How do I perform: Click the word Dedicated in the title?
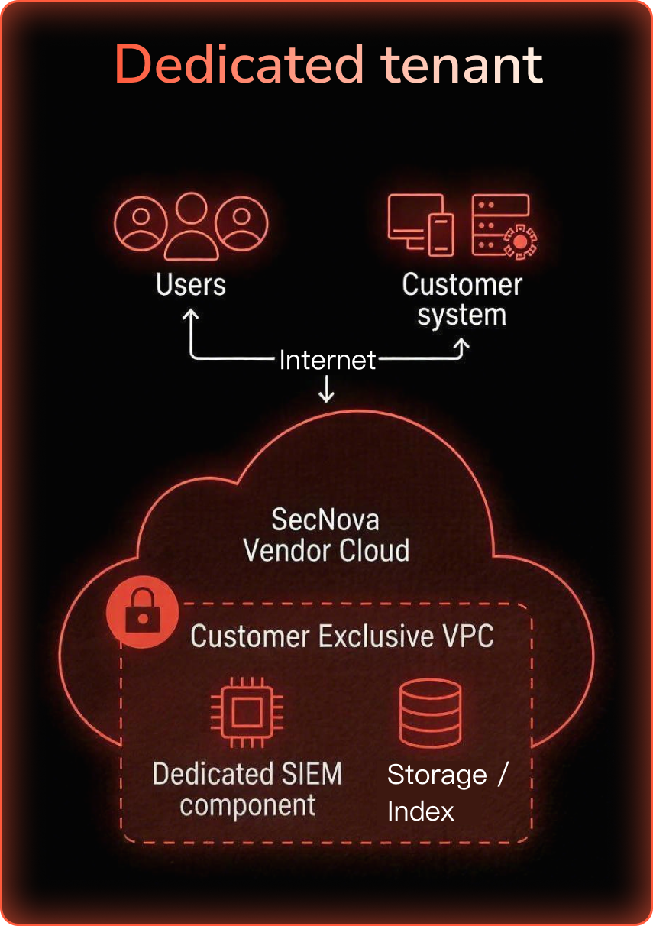click(x=238, y=64)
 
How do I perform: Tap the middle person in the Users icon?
click(x=191, y=225)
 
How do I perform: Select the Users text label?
click(x=191, y=284)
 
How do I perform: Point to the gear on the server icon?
click(x=520, y=241)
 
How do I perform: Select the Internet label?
click(x=327, y=360)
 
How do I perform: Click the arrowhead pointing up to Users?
click(x=190, y=315)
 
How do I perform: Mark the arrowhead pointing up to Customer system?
click(x=461, y=345)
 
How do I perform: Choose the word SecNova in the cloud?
click(x=325, y=520)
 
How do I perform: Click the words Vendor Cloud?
click(x=326, y=550)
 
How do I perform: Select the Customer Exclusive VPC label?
click(x=341, y=636)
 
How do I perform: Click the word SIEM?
click(x=309, y=774)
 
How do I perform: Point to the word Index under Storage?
click(x=421, y=811)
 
